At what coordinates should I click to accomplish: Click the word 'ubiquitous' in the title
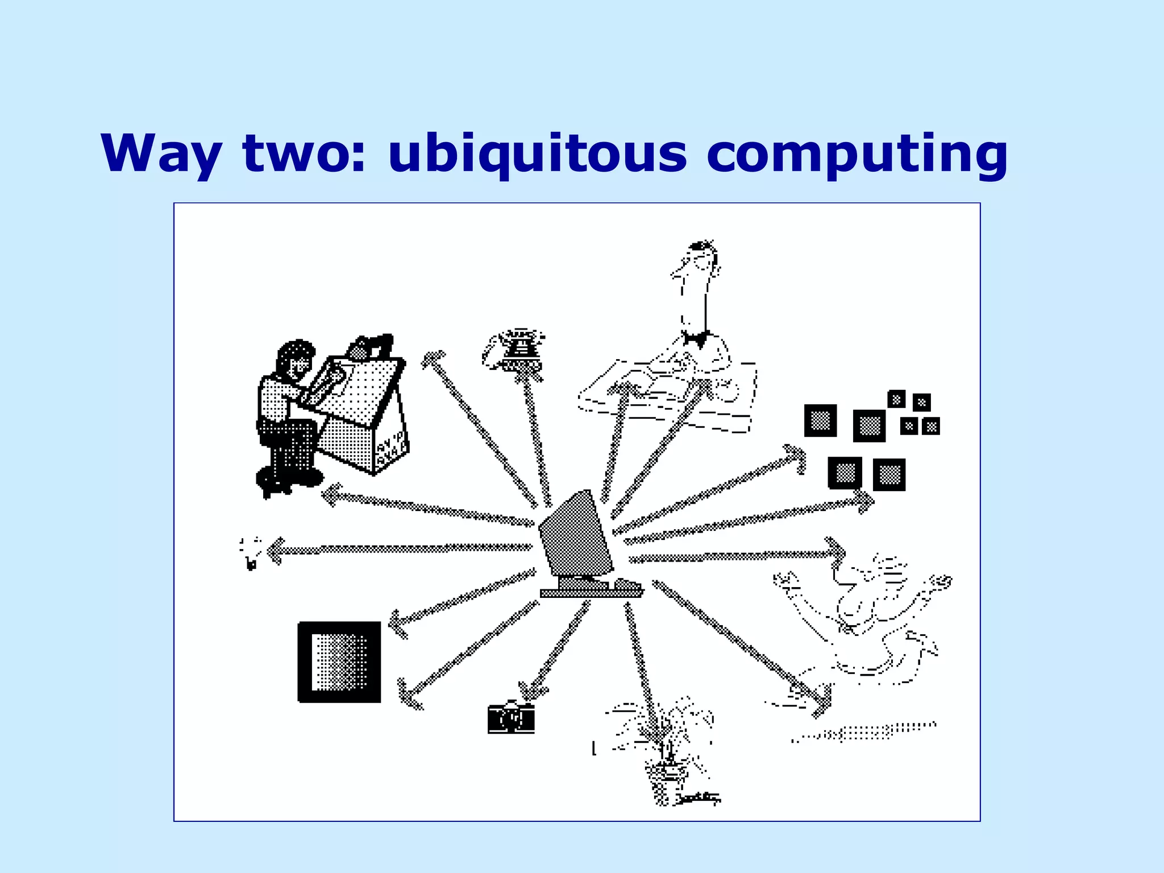click(x=537, y=155)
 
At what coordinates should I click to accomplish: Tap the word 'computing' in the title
click(x=857, y=155)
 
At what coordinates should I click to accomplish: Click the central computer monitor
click(x=575, y=534)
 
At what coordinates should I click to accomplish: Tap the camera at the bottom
click(x=511, y=718)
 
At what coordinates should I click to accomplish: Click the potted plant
click(x=668, y=750)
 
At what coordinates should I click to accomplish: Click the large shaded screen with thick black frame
click(x=339, y=662)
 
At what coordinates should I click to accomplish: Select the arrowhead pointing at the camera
click(x=531, y=692)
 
